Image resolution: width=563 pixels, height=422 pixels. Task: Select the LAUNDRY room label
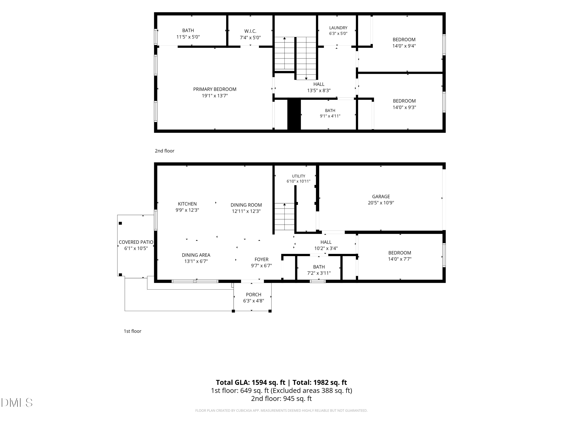[338, 28]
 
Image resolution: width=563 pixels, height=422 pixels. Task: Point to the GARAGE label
[381, 196]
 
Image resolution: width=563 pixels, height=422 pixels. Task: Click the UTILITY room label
[299, 176]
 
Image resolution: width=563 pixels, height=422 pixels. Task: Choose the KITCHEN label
[187, 204]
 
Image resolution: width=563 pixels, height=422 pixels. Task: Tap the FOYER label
[261, 259]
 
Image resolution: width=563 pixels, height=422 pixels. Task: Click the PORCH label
[254, 295]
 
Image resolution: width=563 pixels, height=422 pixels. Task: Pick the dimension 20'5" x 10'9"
[381, 203]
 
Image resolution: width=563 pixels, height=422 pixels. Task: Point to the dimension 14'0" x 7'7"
[400, 259]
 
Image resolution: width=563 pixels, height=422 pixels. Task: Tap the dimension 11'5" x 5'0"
[188, 37]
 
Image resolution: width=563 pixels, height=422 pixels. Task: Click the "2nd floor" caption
[164, 151]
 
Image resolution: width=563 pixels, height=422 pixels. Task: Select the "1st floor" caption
[132, 331]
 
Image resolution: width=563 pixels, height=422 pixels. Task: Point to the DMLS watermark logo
[17, 402]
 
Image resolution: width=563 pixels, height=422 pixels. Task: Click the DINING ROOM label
[246, 205]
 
